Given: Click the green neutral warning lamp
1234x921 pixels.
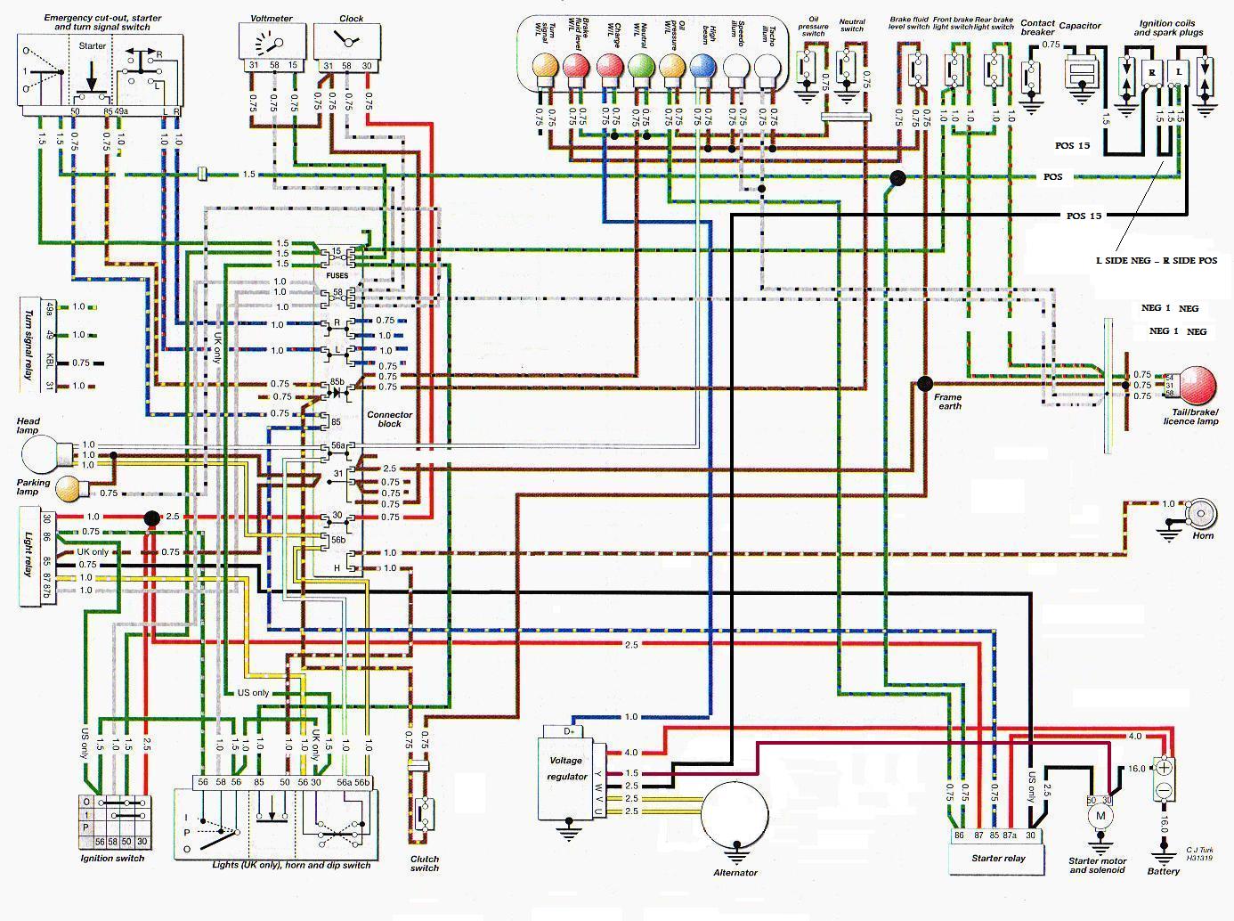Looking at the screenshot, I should [x=641, y=66].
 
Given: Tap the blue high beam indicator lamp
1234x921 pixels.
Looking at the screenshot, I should [x=702, y=66].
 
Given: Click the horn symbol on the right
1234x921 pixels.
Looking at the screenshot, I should [x=1202, y=514].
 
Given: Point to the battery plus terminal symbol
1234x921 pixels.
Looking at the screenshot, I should [x=1164, y=767].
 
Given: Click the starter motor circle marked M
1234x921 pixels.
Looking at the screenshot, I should [x=1100, y=815].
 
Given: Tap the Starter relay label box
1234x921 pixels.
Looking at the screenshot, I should [x=998, y=859].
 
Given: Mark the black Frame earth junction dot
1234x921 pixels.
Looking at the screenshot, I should [x=925, y=384].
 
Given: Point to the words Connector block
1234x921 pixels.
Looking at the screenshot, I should [x=389, y=419].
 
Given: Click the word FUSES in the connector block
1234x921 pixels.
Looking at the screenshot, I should [x=337, y=275].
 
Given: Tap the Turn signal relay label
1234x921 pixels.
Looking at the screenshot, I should [x=28, y=346].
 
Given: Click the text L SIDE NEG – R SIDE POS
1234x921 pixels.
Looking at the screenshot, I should [x=1156, y=261].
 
